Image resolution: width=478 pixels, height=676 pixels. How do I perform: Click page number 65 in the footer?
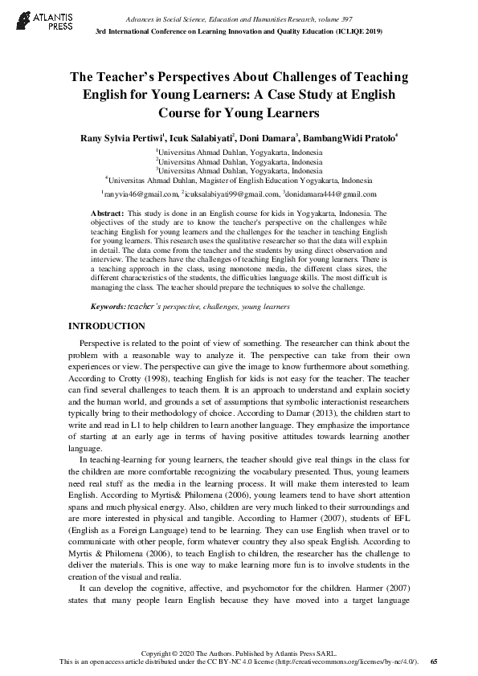point(434,662)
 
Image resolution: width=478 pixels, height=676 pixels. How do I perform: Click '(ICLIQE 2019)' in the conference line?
point(353,31)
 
